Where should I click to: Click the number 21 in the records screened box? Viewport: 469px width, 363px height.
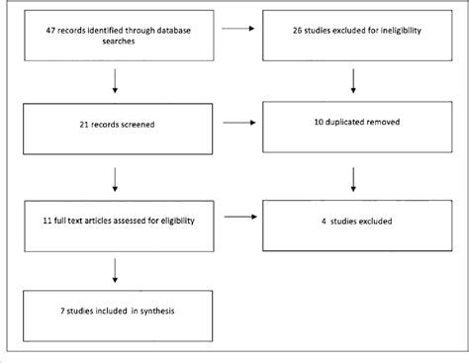(85, 126)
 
